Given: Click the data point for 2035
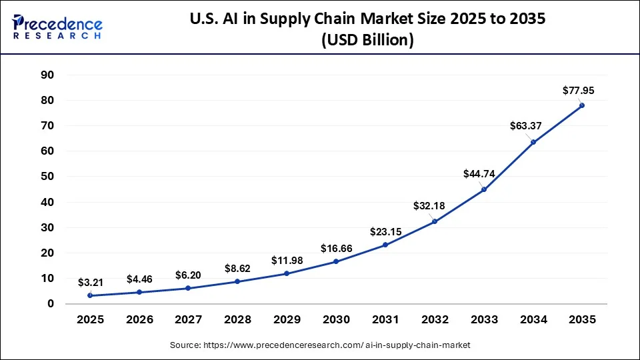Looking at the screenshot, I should coord(582,105).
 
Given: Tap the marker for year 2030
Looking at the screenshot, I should coord(336,261).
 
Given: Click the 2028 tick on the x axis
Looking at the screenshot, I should coord(237,319).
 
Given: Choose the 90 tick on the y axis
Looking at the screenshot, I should coord(47,75).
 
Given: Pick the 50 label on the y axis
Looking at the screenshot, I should coord(47,177).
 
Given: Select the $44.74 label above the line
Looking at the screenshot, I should coord(479,174).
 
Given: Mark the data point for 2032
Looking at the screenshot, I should coord(435,221).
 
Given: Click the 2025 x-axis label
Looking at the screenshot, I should coord(90,319).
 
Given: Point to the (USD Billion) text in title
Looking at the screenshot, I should coord(368,41).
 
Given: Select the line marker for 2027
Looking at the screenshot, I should coord(188,288).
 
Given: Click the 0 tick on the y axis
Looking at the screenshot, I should coord(50,304).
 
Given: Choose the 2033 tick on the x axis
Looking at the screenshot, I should coord(483,319).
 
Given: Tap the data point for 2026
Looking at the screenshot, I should coord(139,292).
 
